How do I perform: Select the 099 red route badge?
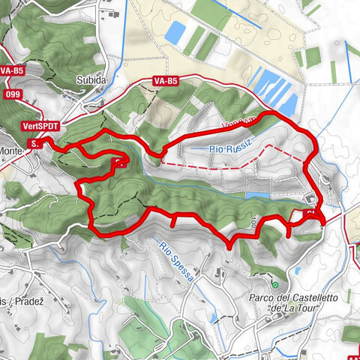point(12,94)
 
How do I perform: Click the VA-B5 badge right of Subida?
point(164,79)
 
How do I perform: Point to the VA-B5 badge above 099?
point(10,70)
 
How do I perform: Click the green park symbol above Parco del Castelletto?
point(275,285)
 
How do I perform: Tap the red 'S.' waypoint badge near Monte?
point(34,142)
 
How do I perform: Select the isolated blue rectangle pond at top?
point(177,31)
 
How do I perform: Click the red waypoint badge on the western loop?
point(118,161)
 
